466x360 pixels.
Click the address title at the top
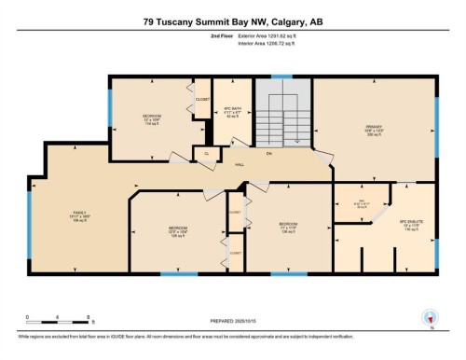(232, 21)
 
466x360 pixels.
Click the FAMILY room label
(80, 214)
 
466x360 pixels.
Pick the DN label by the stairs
(267, 153)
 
